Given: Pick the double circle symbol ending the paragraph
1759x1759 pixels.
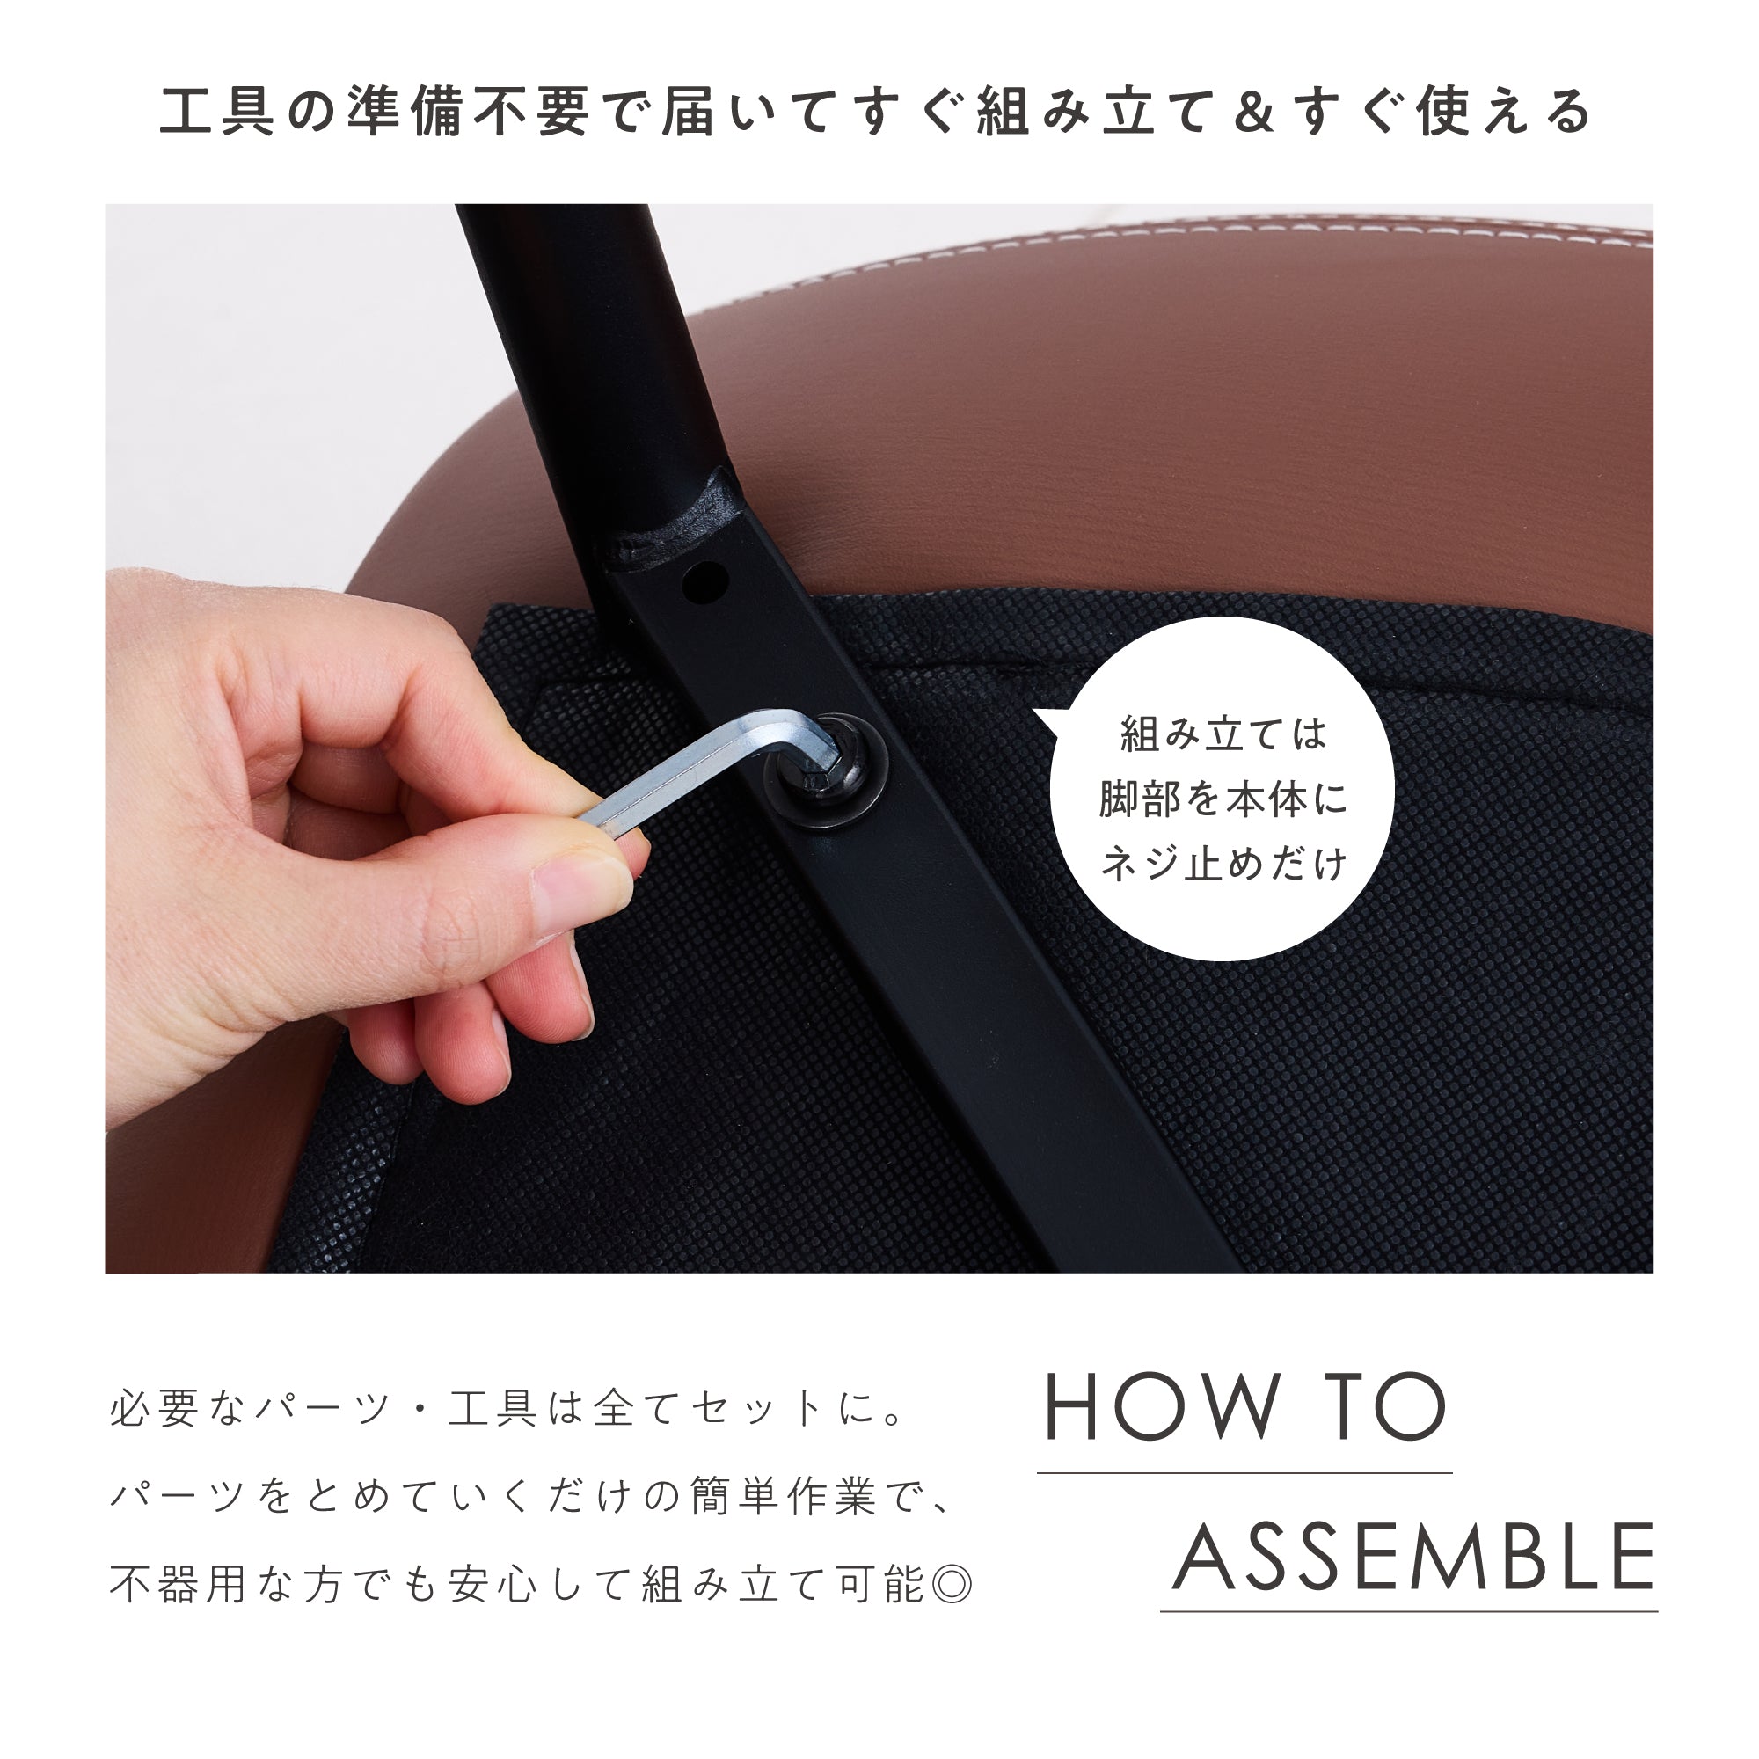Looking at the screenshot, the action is point(952,1585).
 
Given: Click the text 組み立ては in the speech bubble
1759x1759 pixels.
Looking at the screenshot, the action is point(1223,734).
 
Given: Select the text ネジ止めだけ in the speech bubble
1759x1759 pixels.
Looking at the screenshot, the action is point(1223,863).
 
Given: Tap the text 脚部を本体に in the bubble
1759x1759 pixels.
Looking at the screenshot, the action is point(1223,799).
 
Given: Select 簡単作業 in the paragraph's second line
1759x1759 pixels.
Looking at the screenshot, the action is point(783,1496).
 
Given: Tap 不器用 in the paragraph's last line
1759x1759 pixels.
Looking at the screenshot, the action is point(179,1585).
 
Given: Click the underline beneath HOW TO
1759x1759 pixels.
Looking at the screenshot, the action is point(1244,1473).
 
